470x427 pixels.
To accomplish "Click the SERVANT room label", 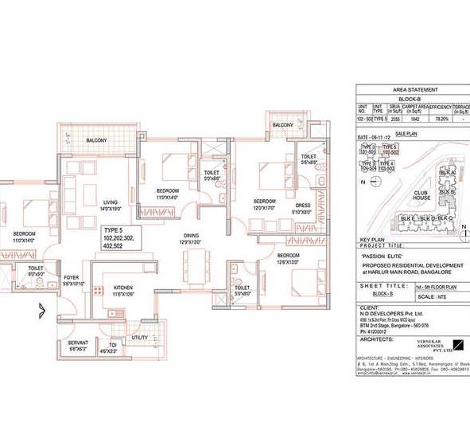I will tap(78, 342).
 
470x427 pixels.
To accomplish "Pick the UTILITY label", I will tap(139, 338).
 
